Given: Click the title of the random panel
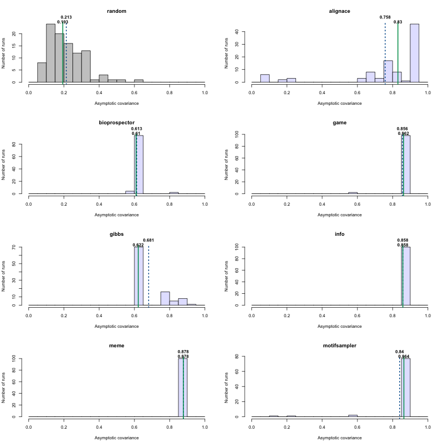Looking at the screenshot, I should pyautogui.click(x=117, y=11).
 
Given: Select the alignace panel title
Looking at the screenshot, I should pyautogui.click(x=340, y=11).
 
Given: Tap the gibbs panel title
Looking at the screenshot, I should pyautogui.click(x=117, y=234).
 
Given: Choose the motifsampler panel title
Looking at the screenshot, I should pyautogui.click(x=340, y=346).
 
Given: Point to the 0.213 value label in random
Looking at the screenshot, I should pyautogui.click(x=66, y=17).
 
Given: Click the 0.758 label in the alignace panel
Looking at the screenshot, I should pyautogui.click(x=385, y=17).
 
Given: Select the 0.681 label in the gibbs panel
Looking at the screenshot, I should pyautogui.click(x=149, y=240).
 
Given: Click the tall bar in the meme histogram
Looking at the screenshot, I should pyautogui.click(x=183, y=387).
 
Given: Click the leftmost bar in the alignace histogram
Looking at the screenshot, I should pyautogui.click(x=265, y=79).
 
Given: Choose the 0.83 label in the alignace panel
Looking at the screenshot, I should pyautogui.click(x=398, y=22).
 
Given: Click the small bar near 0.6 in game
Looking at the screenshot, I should pyautogui.click(x=353, y=193).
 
